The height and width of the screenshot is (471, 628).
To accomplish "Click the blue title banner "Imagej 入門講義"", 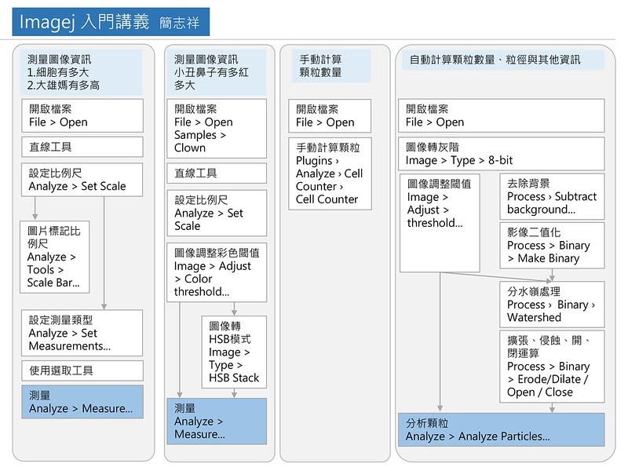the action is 111,22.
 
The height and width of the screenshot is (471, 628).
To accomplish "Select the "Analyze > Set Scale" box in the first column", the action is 82,180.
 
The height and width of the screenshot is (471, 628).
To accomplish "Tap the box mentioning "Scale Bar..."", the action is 54,257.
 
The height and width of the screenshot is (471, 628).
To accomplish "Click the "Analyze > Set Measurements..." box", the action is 82,333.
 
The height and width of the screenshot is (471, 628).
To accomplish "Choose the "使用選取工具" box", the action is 82,371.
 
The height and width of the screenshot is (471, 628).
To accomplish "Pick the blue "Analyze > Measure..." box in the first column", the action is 82,402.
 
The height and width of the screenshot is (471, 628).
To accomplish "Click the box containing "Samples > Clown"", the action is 217,128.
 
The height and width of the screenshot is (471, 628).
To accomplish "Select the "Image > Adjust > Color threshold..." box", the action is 217,272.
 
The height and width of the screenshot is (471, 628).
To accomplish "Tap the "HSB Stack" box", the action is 234,352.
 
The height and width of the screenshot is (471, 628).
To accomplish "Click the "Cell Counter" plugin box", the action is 330,173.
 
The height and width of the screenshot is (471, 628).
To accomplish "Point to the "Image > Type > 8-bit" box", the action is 502,154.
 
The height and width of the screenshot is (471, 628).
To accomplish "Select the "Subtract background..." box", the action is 552,196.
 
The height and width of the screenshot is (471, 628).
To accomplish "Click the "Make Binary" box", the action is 552,245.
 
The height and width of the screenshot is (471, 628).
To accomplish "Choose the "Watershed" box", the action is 552,305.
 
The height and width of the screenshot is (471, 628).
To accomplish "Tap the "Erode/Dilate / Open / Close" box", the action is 552,367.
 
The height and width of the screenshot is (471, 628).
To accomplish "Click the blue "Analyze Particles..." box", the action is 502,429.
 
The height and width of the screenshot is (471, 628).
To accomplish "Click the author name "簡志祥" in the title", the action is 179,23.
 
